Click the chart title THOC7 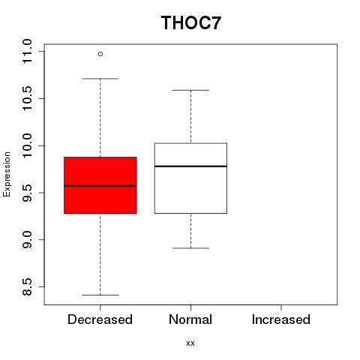coord(191,23)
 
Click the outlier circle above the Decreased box coord(100,54)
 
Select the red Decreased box coord(100,185)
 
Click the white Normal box coord(190,178)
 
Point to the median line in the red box coord(100,186)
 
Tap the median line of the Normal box coord(190,166)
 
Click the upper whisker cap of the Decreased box coord(100,79)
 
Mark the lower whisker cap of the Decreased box coord(100,295)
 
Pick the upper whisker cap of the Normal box coord(190,90)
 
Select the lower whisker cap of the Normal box coord(190,248)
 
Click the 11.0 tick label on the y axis coord(27,52)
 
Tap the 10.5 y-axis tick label coord(27,98)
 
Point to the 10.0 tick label coord(27,145)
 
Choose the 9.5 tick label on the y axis coord(27,193)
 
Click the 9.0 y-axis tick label coord(27,240)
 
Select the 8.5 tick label coord(27,286)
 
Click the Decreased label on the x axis coord(100,319)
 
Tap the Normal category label coord(190,319)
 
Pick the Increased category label coord(281,319)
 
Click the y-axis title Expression coord(7,174)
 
